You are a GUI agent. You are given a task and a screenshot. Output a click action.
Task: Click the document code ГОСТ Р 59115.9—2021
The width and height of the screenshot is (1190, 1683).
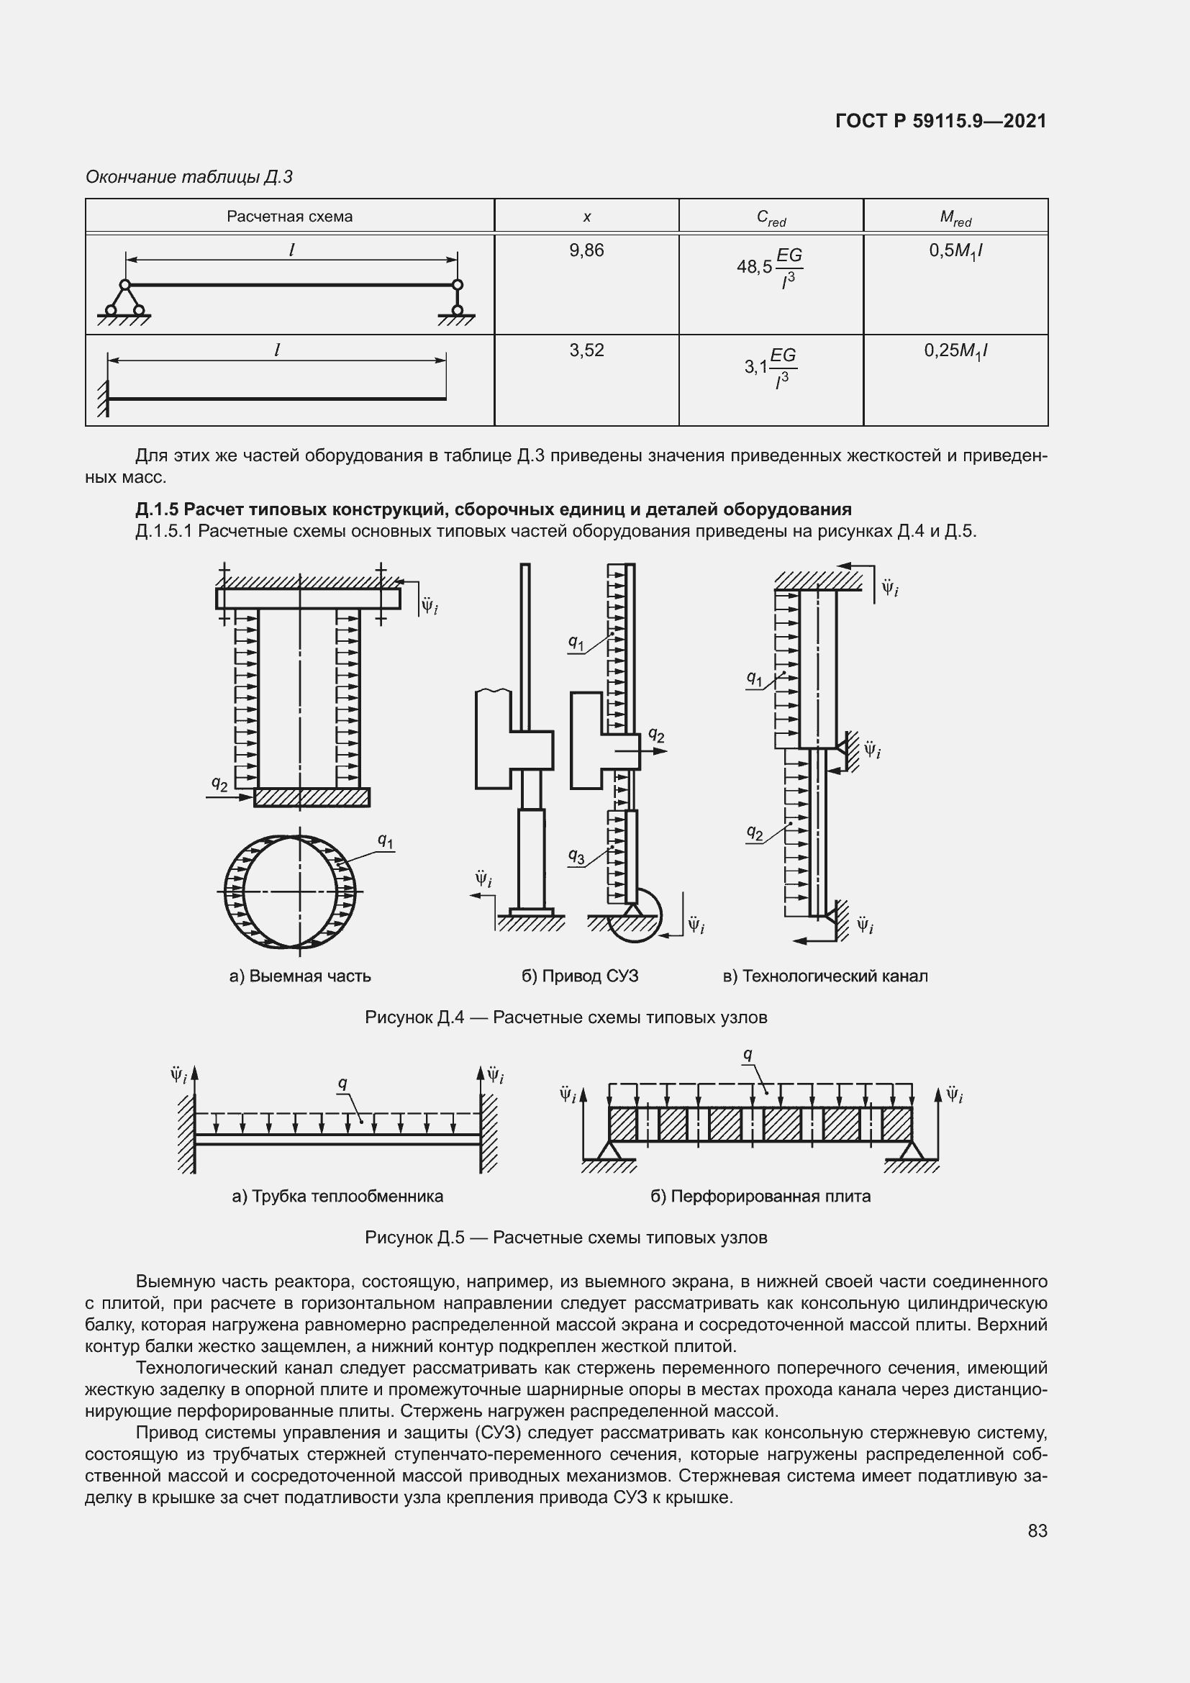[x=940, y=121]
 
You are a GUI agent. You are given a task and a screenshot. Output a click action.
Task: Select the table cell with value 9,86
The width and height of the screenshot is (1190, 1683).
[x=586, y=250]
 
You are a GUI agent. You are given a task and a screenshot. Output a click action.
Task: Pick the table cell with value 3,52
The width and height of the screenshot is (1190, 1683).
[x=586, y=350]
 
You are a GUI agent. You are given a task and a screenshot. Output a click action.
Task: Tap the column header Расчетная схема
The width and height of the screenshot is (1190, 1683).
[x=289, y=217]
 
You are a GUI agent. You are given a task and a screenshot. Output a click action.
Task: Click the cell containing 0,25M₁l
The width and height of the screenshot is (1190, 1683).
[x=955, y=351]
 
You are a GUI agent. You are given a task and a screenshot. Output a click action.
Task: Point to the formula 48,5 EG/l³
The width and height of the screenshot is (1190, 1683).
[x=770, y=268]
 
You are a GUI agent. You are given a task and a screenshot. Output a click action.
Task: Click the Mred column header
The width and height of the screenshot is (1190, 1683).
[x=955, y=217]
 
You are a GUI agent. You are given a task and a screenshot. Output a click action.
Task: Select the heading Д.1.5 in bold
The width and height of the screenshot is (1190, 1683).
[x=493, y=509]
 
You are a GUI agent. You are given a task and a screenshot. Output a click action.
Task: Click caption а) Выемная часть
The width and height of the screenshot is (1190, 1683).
[x=300, y=976]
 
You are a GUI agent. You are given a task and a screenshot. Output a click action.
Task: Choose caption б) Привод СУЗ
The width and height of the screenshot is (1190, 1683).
[x=580, y=976]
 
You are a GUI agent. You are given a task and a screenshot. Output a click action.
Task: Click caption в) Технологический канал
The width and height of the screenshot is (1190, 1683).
[x=825, y=976]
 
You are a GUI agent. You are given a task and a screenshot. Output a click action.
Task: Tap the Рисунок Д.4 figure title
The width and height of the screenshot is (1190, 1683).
[x=566, y=1017]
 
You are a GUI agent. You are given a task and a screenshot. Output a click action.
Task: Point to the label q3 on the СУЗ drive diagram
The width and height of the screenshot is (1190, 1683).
[x=577, y=856]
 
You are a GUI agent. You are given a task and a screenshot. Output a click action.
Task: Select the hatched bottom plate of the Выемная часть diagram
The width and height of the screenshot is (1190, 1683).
[x=312, y=797]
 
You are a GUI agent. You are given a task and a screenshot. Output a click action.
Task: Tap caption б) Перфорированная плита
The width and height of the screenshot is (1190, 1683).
[x=760, y=1196]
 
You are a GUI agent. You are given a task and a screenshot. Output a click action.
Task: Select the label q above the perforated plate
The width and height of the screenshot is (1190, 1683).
[x=748, y=1054]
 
